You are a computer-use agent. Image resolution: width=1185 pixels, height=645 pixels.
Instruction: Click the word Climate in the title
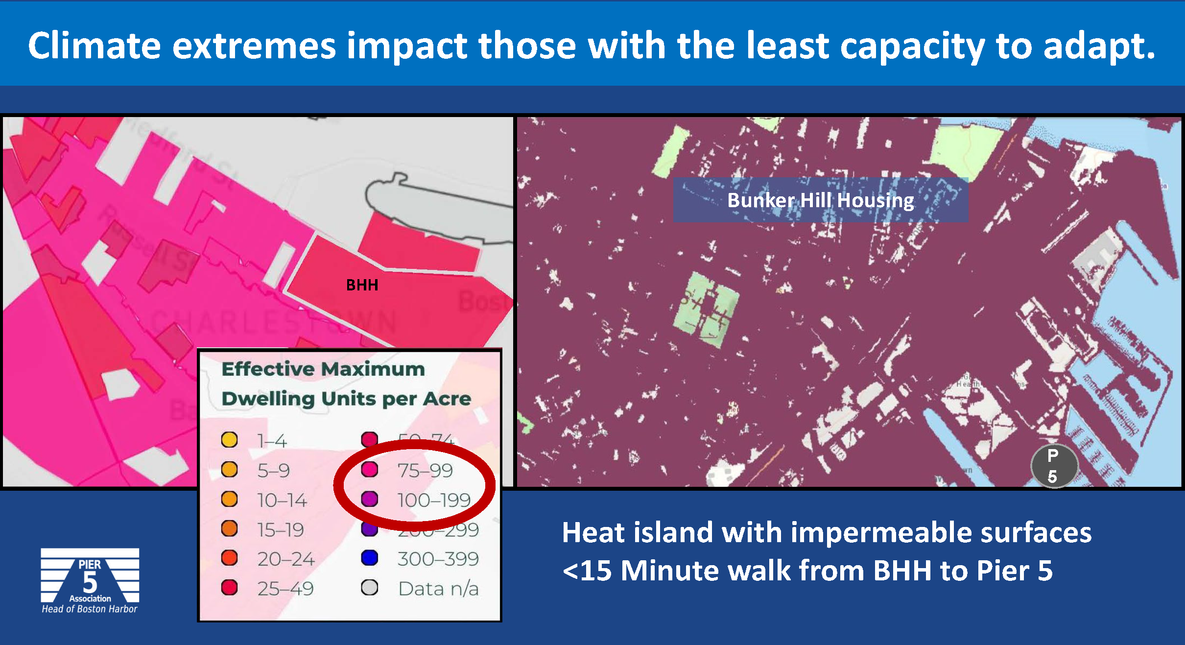point(94,46)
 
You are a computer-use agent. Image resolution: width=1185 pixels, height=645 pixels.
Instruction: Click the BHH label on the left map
point(362,285)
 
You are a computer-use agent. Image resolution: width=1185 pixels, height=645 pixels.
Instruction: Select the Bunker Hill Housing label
point(820,200)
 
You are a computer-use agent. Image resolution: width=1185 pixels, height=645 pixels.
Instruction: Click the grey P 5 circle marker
point(1054,466)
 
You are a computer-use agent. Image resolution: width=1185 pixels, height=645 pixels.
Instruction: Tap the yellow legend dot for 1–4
point(229,440)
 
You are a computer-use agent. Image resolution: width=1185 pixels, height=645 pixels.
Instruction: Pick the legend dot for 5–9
point(229,470)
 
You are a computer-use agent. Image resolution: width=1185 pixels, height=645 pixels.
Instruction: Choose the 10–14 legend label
point(282,500)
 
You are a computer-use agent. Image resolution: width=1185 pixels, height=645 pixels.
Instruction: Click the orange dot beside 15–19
point(229,529)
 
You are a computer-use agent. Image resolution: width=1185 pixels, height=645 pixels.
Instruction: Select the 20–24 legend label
point(286,559)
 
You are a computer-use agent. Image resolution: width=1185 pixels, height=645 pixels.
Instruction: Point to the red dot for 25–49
point(229,588)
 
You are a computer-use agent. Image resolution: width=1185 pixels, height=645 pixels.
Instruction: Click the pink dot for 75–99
point(369,470)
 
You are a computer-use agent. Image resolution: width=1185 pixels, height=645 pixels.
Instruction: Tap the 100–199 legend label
point(434,500)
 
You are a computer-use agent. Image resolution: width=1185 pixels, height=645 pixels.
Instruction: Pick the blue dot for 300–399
point(369,558)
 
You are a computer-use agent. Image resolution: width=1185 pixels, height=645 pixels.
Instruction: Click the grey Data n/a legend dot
point(369,588)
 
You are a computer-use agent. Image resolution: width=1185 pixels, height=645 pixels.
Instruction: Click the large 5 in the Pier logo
point(90,583)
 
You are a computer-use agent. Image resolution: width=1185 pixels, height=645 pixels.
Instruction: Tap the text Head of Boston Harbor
point(90,609)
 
